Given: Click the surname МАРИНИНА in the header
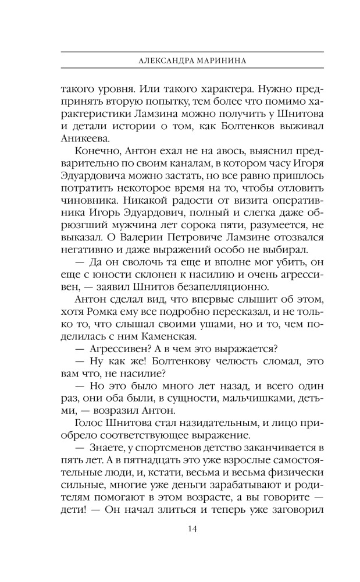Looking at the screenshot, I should click(x=213, y=59).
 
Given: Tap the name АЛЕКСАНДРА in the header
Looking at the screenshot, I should click(x=161, y=59).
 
